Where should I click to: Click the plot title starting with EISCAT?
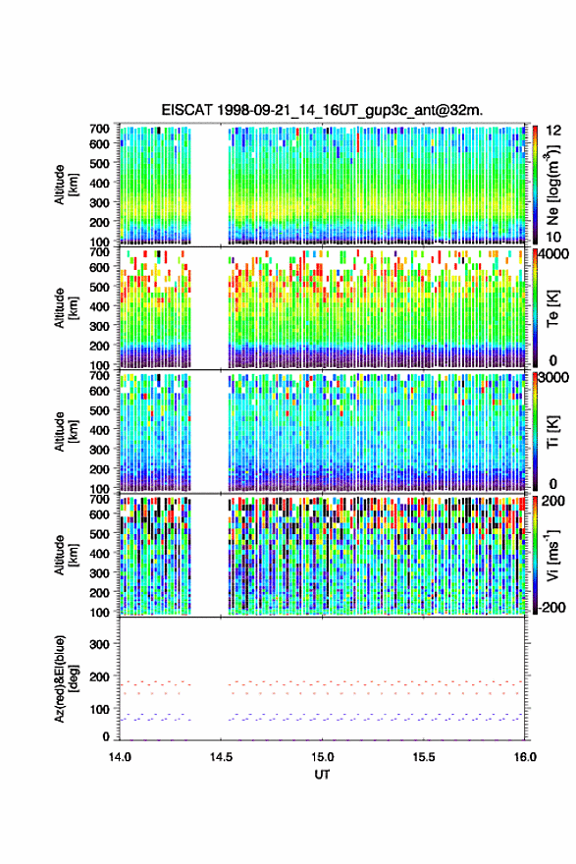(322, 110)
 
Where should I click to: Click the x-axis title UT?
(322, 775)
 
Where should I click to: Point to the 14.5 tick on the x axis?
(221, 757)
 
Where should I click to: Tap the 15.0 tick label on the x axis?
(322, 757)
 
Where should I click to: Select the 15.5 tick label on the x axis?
(424, 757)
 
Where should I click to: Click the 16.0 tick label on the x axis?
(525, 757)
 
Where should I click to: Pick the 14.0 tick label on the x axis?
(120, 757)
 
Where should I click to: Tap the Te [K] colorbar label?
(552, 308)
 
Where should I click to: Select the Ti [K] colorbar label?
(552, 432)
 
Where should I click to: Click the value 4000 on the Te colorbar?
(554, 254)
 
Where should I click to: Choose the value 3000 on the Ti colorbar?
(554, 378)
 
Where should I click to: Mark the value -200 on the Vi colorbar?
(550, 607)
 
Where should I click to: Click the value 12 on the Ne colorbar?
(554, 131)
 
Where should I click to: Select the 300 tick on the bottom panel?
(99, 644)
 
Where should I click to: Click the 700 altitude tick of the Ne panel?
(99, 129)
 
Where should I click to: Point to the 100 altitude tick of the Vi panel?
(99, 612)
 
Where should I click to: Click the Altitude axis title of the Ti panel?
(66, 432)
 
